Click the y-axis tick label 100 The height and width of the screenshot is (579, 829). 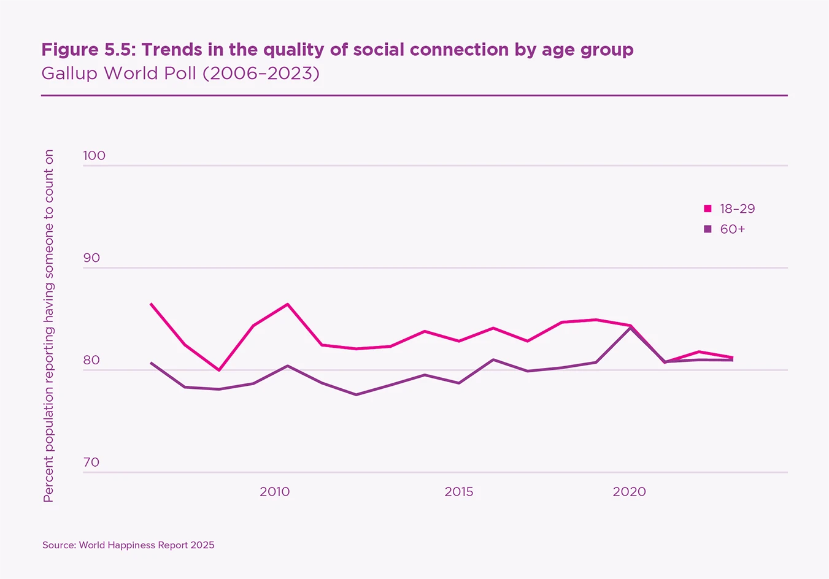point(94,156)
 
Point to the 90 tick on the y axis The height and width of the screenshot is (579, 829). point(91,258)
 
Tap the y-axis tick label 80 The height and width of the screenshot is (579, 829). point(91,360)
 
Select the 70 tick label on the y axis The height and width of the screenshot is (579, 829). point(91,462)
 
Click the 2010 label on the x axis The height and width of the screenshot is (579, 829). point(274,492)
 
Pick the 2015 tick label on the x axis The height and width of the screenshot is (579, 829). point(459,492)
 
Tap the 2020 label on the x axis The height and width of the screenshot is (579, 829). point(630,492)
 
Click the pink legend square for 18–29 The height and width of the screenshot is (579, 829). point(708,209)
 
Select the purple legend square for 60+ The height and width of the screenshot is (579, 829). point(708,229)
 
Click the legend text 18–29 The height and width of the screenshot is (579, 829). point(738,209)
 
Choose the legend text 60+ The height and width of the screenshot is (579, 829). point(733,229)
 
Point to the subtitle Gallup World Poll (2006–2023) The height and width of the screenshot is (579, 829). point(180,74)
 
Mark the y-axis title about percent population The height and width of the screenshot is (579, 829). point(48,326)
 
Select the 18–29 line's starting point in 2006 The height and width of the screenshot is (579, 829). point(151,304)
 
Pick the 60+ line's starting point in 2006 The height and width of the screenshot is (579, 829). point(151,362)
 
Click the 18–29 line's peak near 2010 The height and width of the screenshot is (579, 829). point(288,304)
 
